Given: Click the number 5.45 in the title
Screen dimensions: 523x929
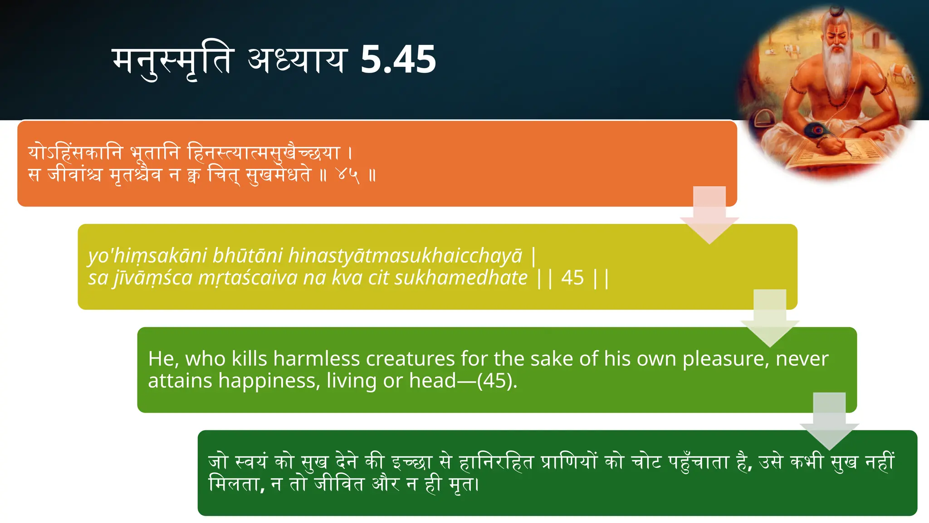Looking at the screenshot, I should pyautogui.click(x=398, y=59).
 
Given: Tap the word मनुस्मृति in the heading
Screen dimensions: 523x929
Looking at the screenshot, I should pyautogui.click(x=173, y=62).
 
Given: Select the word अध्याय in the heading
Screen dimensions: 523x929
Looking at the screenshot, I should pyautogui.click(x=297, y=61).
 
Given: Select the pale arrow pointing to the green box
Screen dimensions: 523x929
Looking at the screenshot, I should pyautogui.click(x=770, y=318).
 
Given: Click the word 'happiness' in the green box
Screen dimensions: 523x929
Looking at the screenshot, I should pyautogui.click(x=267, y=380).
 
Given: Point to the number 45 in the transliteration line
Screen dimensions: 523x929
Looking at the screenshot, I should pyautogui.click(x=572, y=277).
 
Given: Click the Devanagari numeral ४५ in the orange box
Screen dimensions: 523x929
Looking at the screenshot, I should pyautogui.click(x=348, y=174).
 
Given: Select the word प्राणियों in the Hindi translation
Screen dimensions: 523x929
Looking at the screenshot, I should pyautogui.click(x=569, y=462).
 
